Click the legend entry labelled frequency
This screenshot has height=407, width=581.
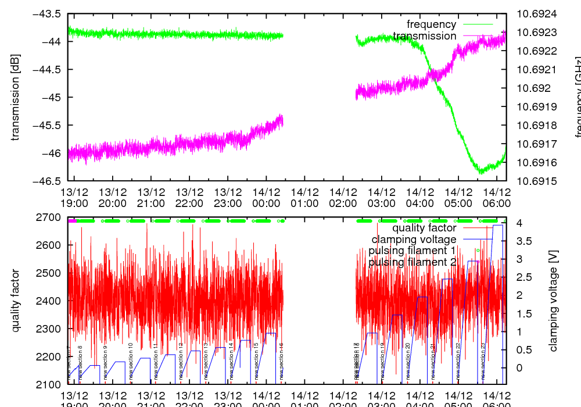click(431, 24)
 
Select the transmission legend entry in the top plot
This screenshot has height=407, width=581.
click(424, 36)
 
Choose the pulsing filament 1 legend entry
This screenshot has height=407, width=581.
click(412, 251)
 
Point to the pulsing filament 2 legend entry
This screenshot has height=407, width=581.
click(412, 262)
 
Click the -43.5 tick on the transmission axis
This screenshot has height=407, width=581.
click(49, 13)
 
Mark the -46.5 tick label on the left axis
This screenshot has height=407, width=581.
click(49, 181)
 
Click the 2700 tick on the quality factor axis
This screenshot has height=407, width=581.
click(51, 217)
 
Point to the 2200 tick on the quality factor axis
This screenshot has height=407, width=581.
click(51, 356)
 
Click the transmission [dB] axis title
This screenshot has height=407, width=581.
click(16, 97)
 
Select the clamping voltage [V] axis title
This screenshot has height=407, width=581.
click(553, 301)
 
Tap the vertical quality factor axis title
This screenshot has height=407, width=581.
click(16, 301)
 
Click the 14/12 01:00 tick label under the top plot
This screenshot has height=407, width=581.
click(304, 198)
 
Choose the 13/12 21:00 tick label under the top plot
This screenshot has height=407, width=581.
click(150, 198)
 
